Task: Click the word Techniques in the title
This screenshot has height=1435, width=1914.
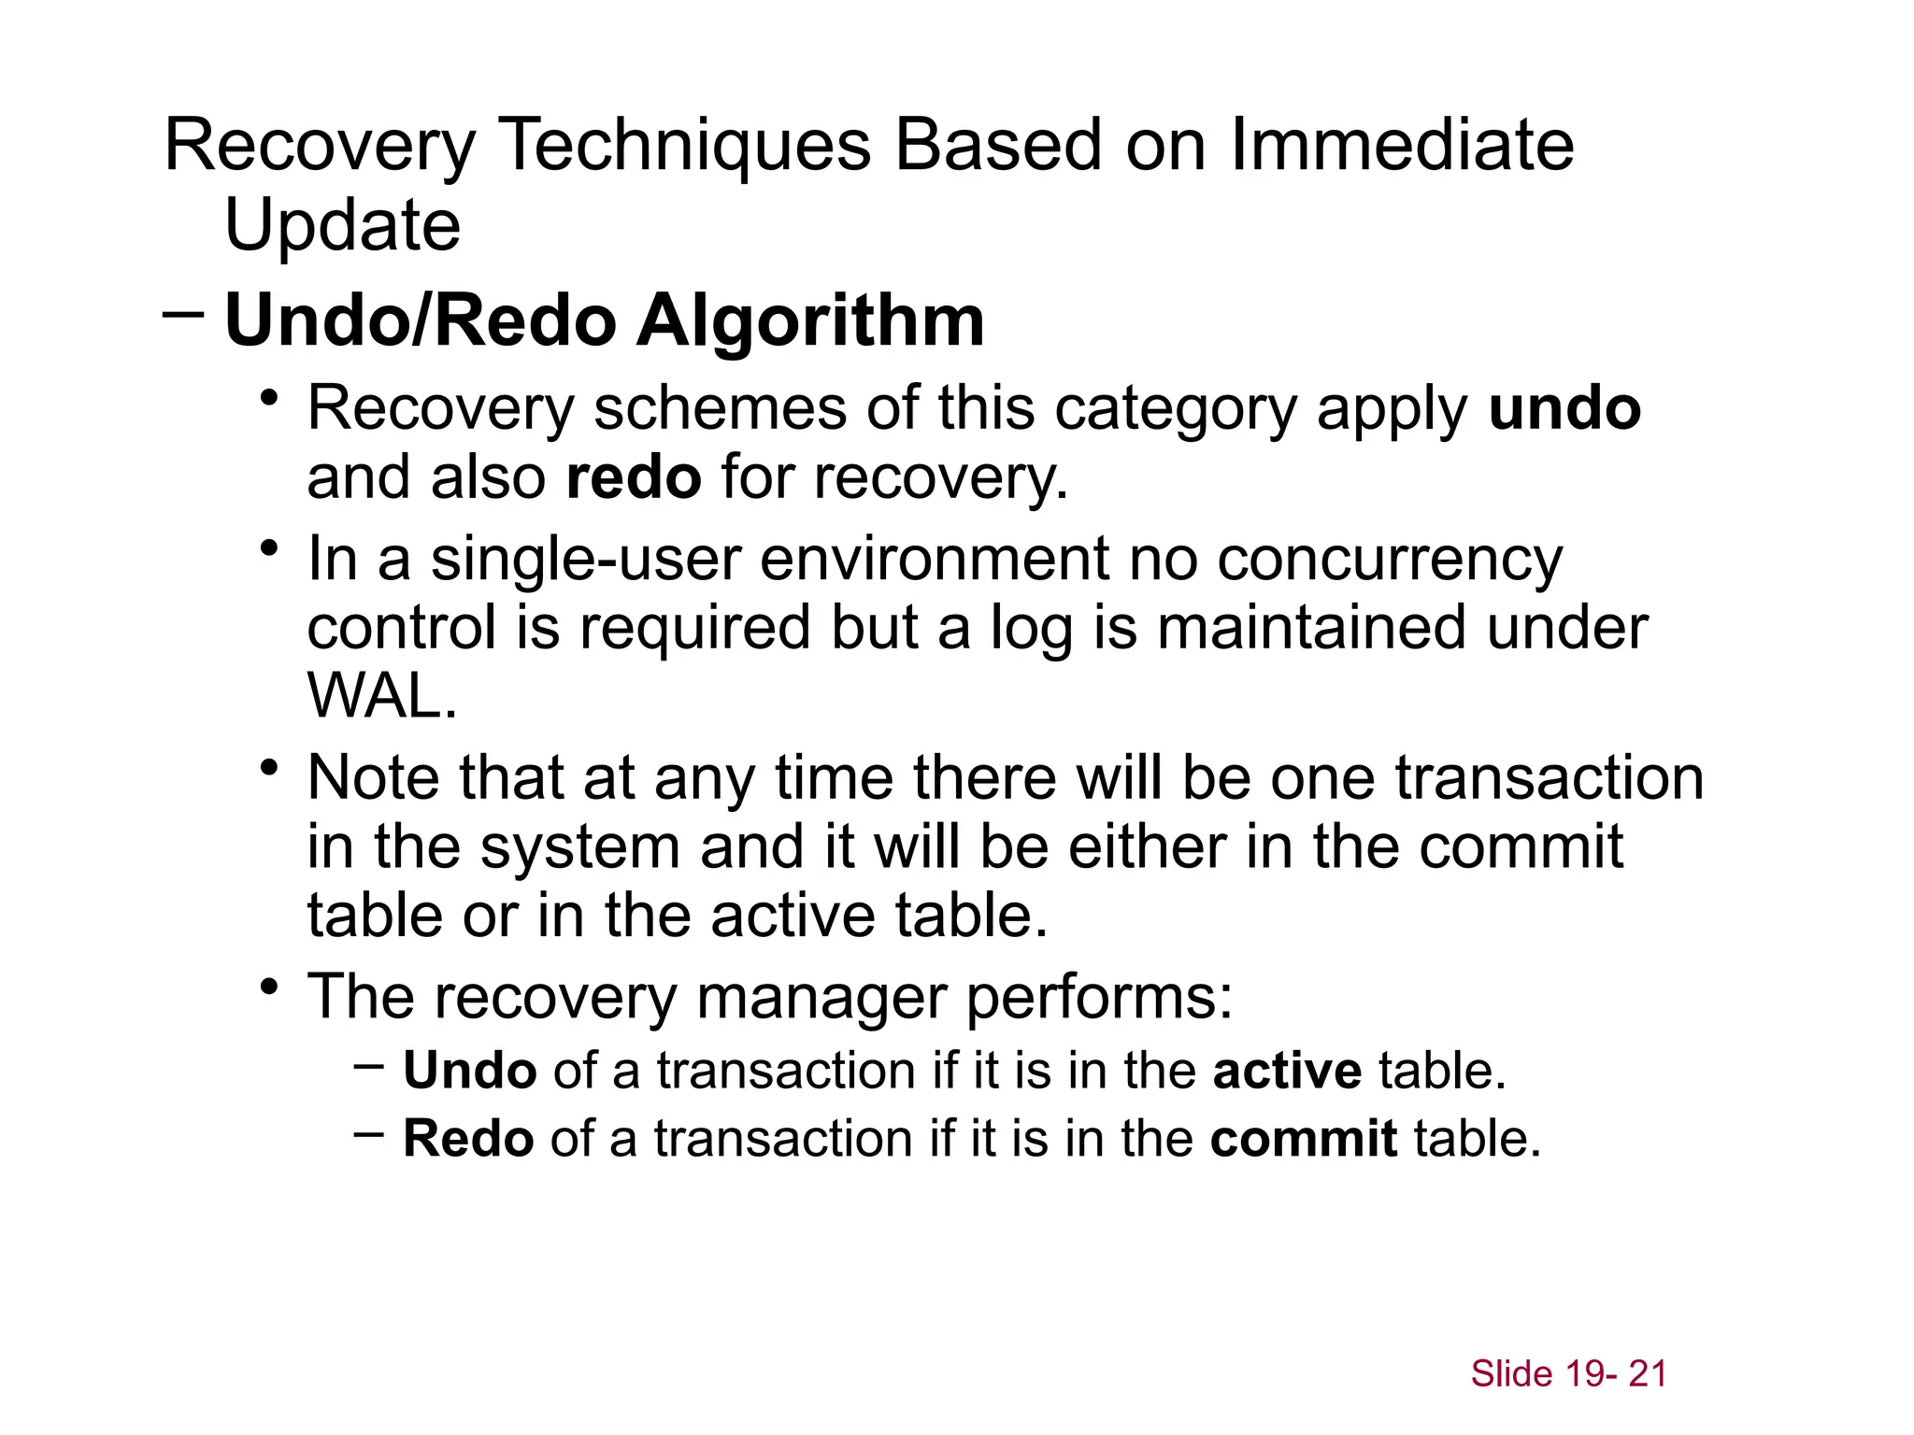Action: click(685, 146)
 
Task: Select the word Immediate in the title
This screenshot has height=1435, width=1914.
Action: click(1402, 146)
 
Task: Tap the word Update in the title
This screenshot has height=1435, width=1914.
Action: click(342, 226)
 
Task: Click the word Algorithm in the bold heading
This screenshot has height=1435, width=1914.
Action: click(810, 321)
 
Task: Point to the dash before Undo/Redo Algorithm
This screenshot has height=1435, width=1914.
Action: click(183, 314)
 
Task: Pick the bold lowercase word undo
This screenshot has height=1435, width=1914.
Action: click(1564, 409)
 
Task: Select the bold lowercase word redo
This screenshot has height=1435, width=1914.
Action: click(634, 477)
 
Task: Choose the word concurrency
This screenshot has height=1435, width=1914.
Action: click(1390, 561)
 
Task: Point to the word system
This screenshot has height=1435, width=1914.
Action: click(580, 848)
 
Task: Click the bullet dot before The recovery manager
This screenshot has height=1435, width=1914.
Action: click(270, 987)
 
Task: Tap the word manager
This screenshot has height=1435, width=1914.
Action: click(821, 998)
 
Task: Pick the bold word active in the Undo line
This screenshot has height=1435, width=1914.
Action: click(1287, 1071)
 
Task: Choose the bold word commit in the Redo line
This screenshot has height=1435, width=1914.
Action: click(1304, 1139)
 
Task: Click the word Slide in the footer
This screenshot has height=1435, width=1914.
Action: click(1511, 1374)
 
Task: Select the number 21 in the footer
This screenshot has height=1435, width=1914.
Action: click(1648, 1374)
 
